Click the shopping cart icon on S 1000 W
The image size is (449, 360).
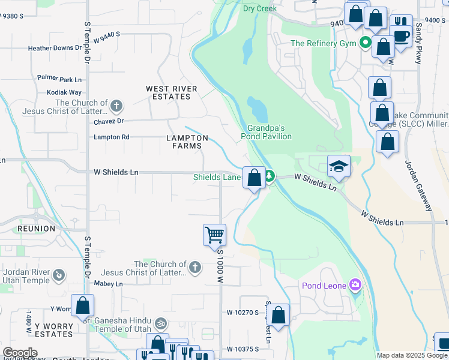click(214, 235)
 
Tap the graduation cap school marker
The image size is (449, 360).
click(339, 166)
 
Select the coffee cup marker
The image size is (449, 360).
click(401, 35)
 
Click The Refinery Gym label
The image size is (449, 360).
click(324, 43)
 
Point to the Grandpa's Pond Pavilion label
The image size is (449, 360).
click(267, 132)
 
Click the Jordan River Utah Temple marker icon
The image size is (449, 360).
click(58, 275)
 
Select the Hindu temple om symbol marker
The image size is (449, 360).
click(160, 323)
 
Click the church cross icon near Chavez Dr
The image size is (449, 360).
click(116, 107)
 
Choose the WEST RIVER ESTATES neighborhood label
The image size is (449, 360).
click(172, 92)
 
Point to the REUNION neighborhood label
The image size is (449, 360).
click(36, 229)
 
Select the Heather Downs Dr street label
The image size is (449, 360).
click(55, 48)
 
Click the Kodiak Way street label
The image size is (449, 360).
click(64, 92)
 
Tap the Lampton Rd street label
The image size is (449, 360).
click(111, 137)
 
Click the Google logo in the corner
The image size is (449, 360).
click(19, 352)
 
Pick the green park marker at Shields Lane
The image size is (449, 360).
click(270, 176)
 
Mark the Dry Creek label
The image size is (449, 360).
click(260, 8)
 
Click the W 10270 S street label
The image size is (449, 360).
click(243, 313)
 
